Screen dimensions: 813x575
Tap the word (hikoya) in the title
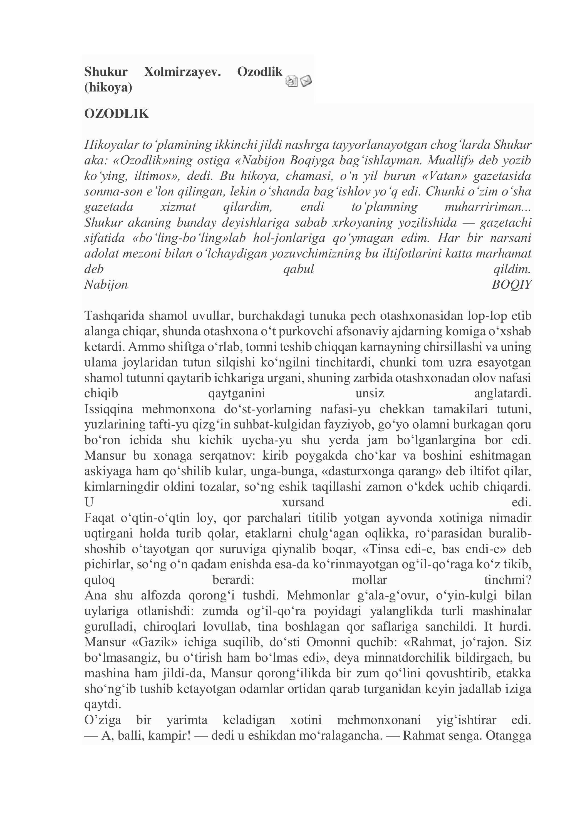coord(108,88)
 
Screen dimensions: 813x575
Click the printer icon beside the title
coord(291,81)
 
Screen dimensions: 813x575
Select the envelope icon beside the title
coord(306,81)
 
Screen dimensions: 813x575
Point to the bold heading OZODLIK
coord(117,114)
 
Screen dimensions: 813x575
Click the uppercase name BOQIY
coord(512,285)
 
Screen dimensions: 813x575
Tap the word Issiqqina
coord(109,409)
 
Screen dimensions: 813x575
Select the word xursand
coord(303,502)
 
